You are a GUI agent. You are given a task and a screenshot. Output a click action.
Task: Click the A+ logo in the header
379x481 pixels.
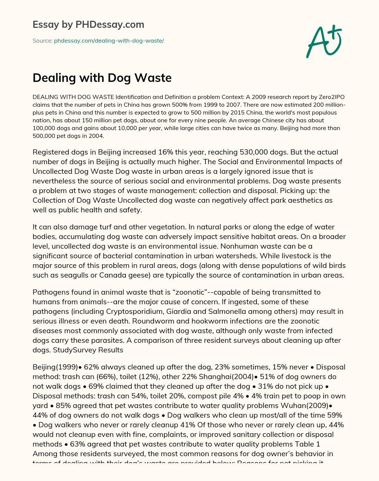pyautogui.click(x=324, y=42)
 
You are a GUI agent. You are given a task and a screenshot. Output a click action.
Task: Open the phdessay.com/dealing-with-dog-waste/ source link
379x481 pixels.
pyautogui.click(x=109, y=41)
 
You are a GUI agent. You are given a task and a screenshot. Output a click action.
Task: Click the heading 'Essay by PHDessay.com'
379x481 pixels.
pyautogui.click(x=88, y=24)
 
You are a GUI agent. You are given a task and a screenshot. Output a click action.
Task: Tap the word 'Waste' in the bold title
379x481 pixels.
pyautogui.click(x=153, y=78)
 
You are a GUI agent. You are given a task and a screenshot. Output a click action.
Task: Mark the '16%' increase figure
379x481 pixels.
pyautogui.click(x=180, y=152)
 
